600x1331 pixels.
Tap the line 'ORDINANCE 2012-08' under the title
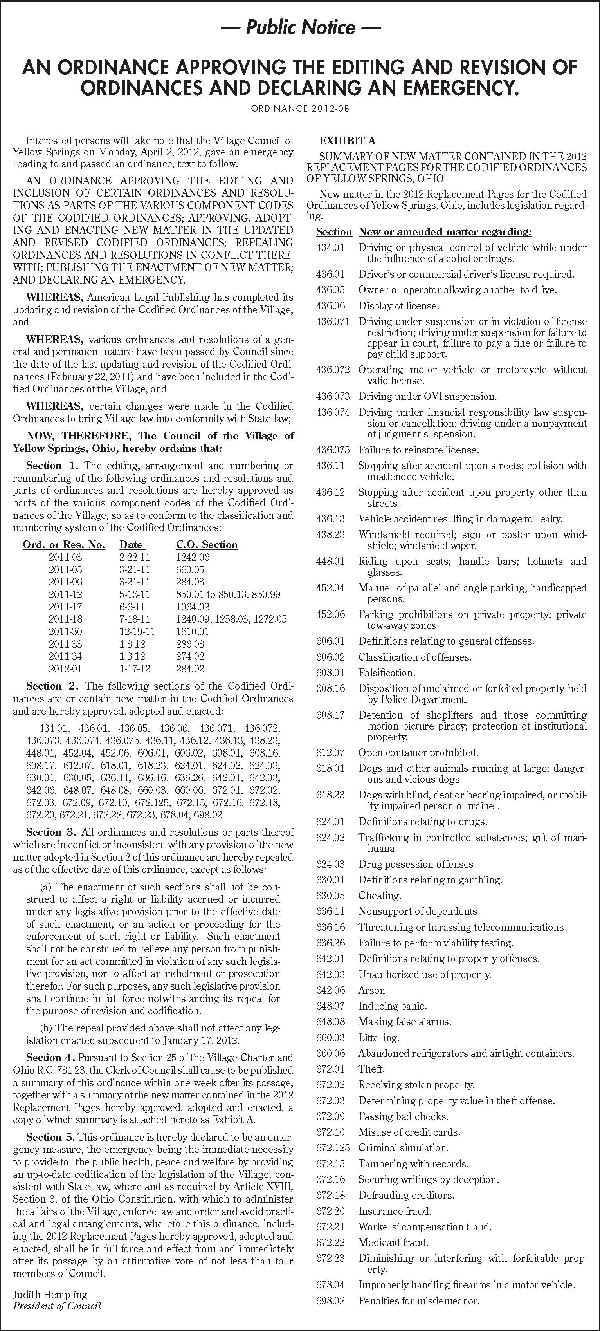[300, 108]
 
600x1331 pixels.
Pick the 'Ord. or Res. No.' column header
[64, 545]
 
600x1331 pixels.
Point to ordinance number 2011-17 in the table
[66, 607]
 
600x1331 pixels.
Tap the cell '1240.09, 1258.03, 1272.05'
[231, 619]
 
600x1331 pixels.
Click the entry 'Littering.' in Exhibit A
[378, 1038]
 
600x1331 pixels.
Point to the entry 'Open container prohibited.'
[418, 753]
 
